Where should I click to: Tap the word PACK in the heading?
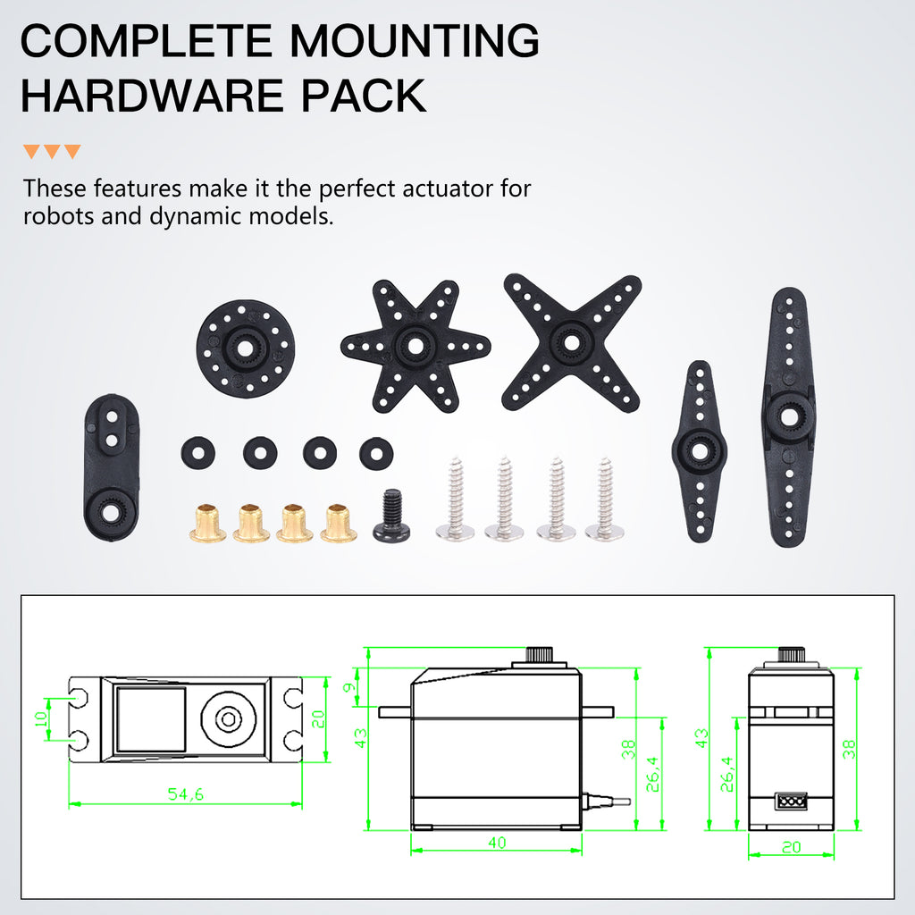tap(364, 96)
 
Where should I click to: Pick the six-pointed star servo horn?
tap(416, 346)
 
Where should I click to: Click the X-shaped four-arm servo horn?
tap(571, 342)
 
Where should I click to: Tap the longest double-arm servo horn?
tap(788, 416)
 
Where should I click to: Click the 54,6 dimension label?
tap(186, 793)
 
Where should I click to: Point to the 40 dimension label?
tap(497, 842)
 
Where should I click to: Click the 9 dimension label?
tap(349, 687)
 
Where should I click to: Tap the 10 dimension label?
tap(41, 719)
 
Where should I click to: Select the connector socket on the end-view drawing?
tap(791, 802)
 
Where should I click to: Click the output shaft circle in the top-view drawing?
tap(228, 719)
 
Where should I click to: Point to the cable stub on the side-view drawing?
tap(607, 801)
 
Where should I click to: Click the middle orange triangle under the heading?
tap(52, 151)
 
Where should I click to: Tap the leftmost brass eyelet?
tap(207, 523)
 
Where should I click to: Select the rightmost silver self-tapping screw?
tap(605, 498)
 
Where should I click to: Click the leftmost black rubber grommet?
tap(197, 453)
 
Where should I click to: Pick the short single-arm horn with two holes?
tap(112, 466)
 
